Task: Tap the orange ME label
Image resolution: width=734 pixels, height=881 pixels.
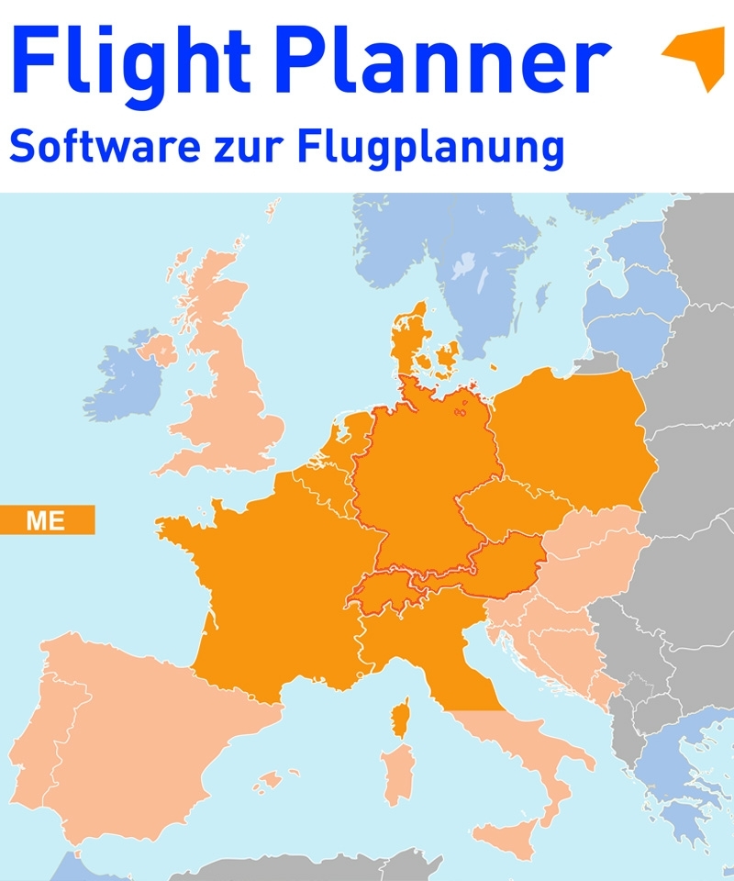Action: pos(46,519)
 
